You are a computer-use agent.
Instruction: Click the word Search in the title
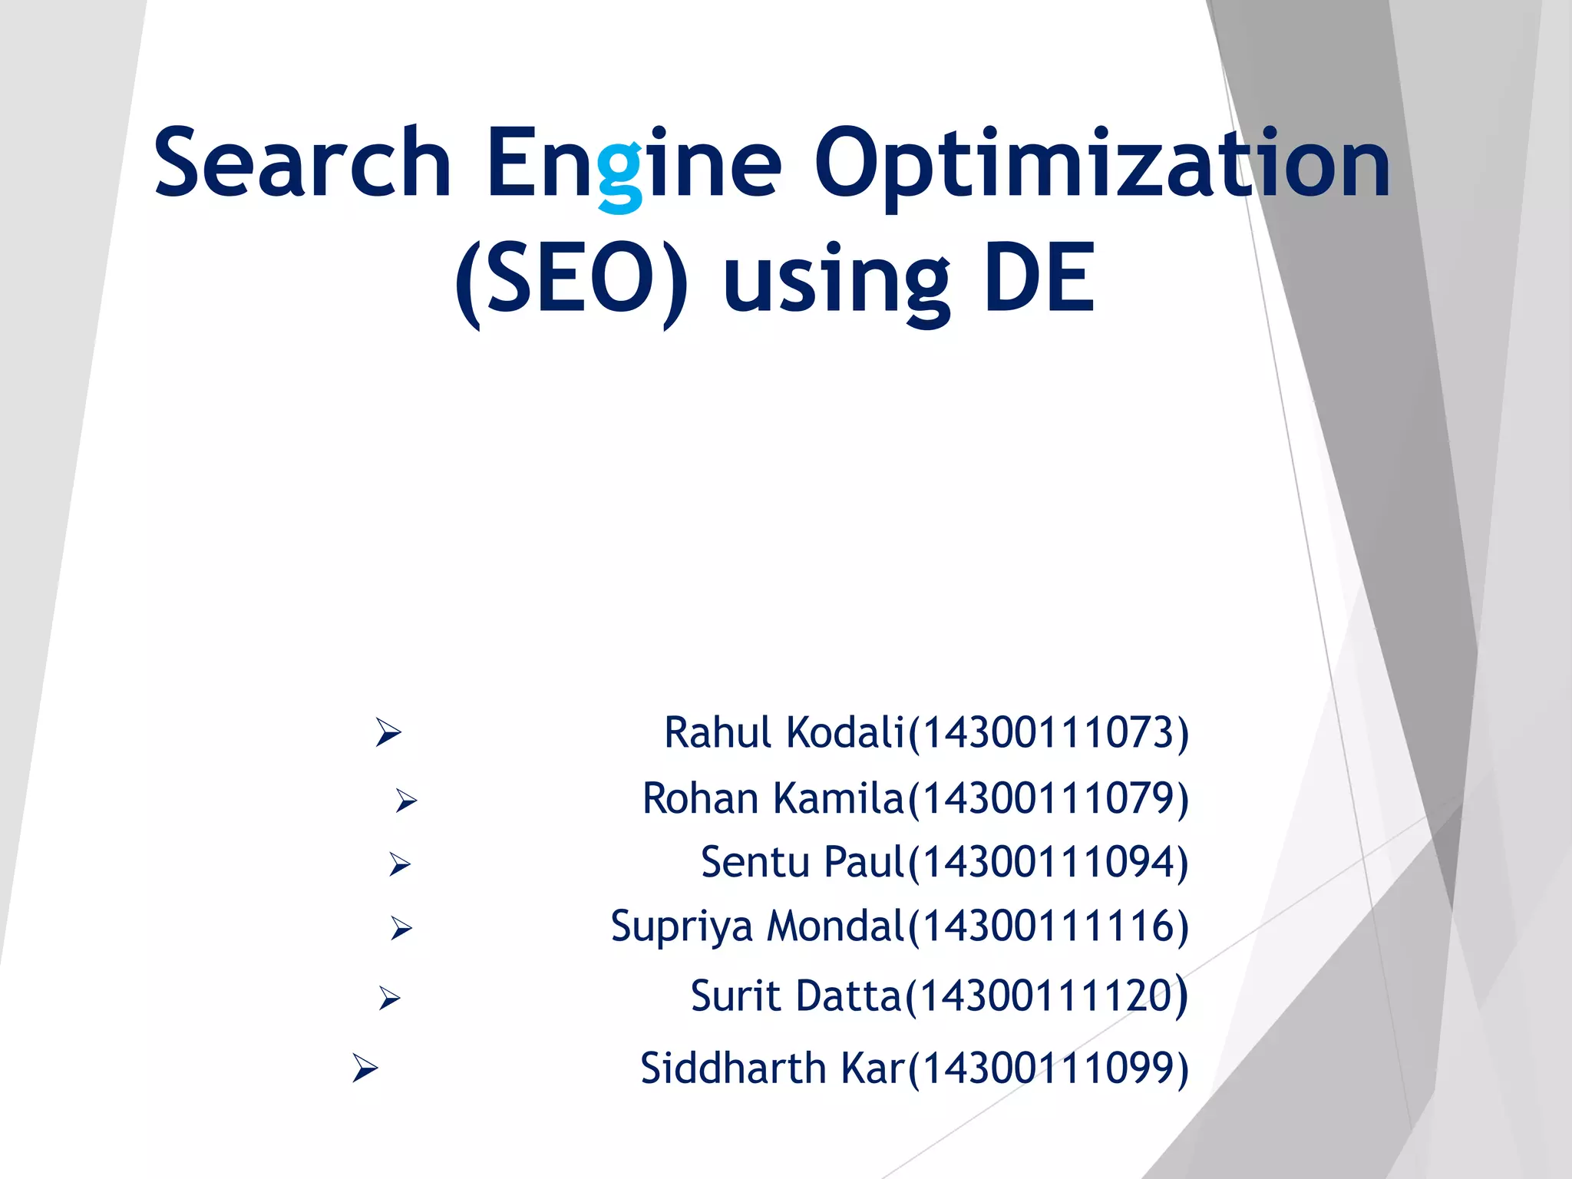[x=302, y=163]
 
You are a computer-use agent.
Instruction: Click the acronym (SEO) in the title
[x=571, y=280]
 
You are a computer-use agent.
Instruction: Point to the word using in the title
[x=836, y=282]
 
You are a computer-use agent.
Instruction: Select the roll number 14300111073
[x=1048, y=732]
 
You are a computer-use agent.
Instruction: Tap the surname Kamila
[x=839, y=798]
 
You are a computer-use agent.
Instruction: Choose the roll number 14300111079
[x=1048, y=798]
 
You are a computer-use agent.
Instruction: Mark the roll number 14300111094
[x=1048, y=862]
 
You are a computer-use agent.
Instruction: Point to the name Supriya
[x=682, y=926]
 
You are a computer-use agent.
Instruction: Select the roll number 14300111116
[x=1048, y=926]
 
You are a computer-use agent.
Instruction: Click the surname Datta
[x=848, y=996]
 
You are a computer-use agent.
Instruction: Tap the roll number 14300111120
[x=1046, y=996]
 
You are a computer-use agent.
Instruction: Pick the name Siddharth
[x=732, y=1068]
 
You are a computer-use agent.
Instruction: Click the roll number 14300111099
[x=1048, y=1068]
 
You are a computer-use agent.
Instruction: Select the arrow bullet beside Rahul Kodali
[x=388, y=732]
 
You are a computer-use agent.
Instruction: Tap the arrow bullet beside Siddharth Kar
[x=365, y=1068]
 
